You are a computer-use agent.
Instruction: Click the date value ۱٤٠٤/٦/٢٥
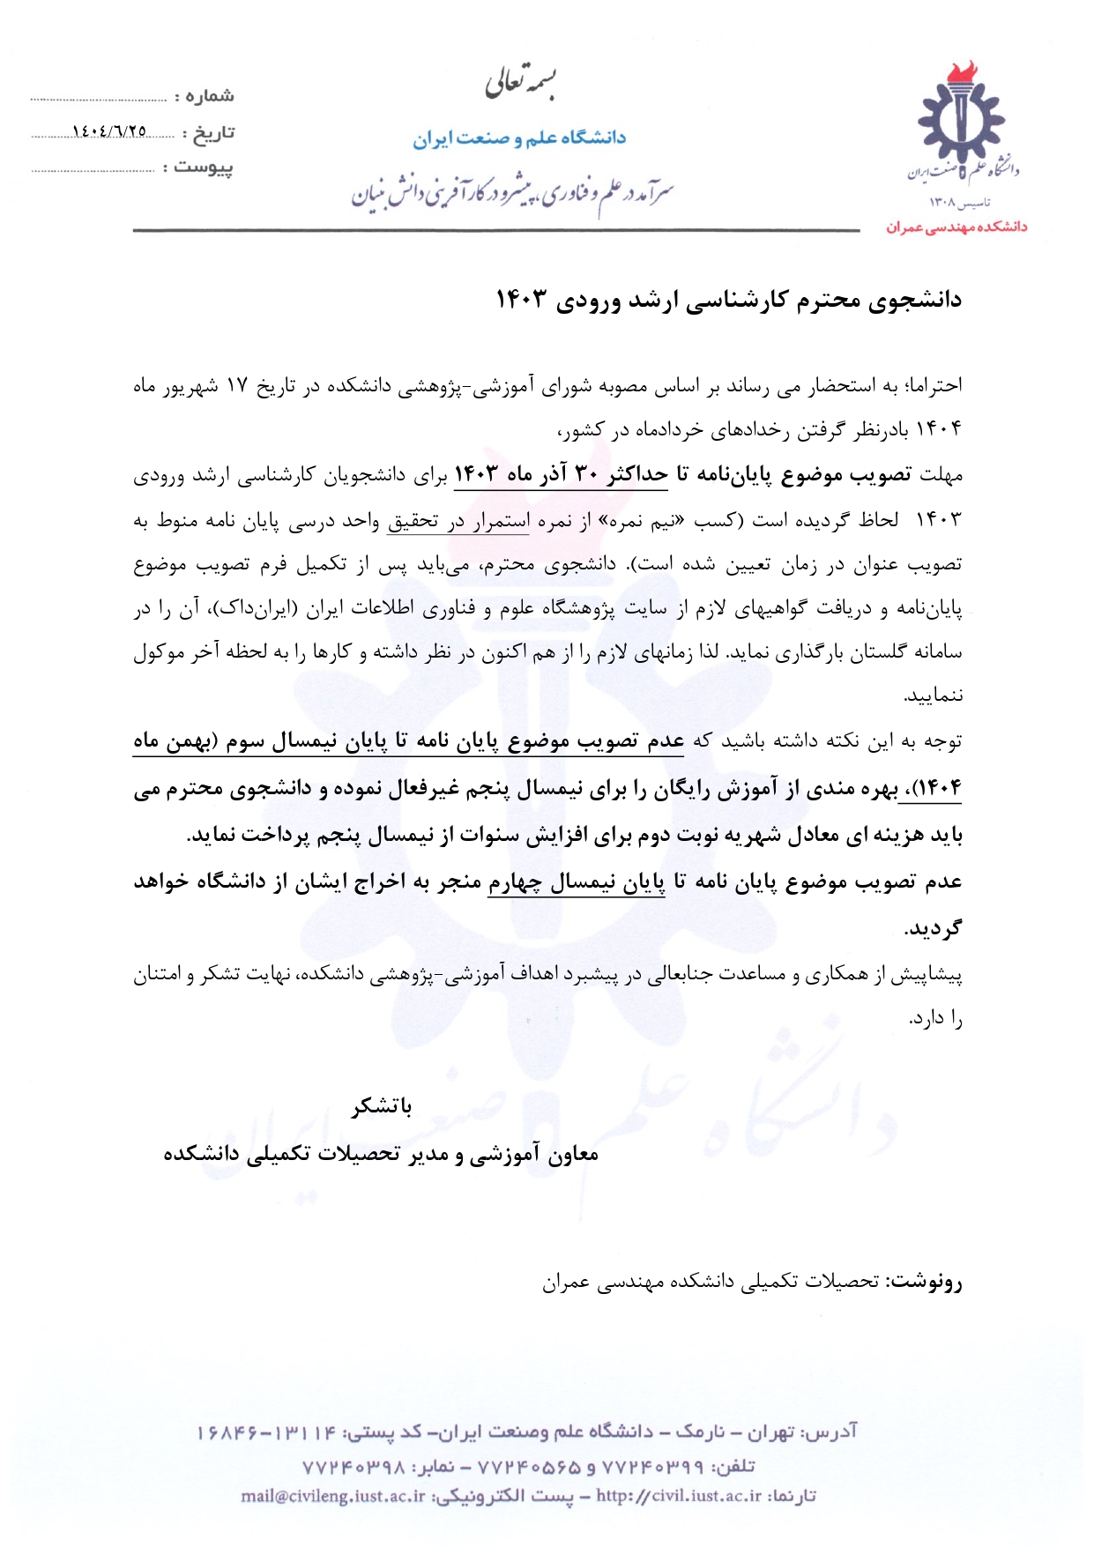(x=109, y=131)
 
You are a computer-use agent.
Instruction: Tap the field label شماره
(x=209, y=95)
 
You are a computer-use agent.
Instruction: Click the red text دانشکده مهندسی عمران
(x=956, y=227)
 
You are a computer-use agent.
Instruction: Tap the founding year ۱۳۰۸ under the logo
(x=944, y=204)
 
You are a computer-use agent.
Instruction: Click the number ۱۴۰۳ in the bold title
(x=520, y=300)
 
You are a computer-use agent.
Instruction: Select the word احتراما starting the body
(x=933, y=385)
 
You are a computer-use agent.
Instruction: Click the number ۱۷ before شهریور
(x=237, y=386)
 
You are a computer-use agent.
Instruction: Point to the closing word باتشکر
(x=382, y=1106)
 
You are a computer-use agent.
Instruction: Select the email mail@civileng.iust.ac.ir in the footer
(x=333, y=1496)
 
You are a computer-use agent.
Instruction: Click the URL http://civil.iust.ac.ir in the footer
(x=679, y=1496)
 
